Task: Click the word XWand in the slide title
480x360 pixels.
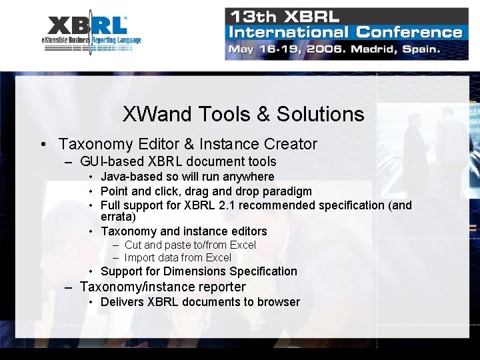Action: pyautogui.click(x=153, y=114)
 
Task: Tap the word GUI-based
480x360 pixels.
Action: pyautogui.click(x=111, y=161)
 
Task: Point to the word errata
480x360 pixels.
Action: pyautogui.click(x=117, y=217)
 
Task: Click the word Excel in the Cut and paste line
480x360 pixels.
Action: pyautogui.click(x=242, y=245)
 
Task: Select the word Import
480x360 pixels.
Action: pyautogui.click(x=140, y=257)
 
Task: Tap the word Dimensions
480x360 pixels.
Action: pyautogui.click(x=195, y=271)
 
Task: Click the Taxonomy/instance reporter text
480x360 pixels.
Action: pyautogui.click(x=163, y=287)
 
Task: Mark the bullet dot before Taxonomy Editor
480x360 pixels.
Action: pyautogui.click(x=43, y=145)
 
